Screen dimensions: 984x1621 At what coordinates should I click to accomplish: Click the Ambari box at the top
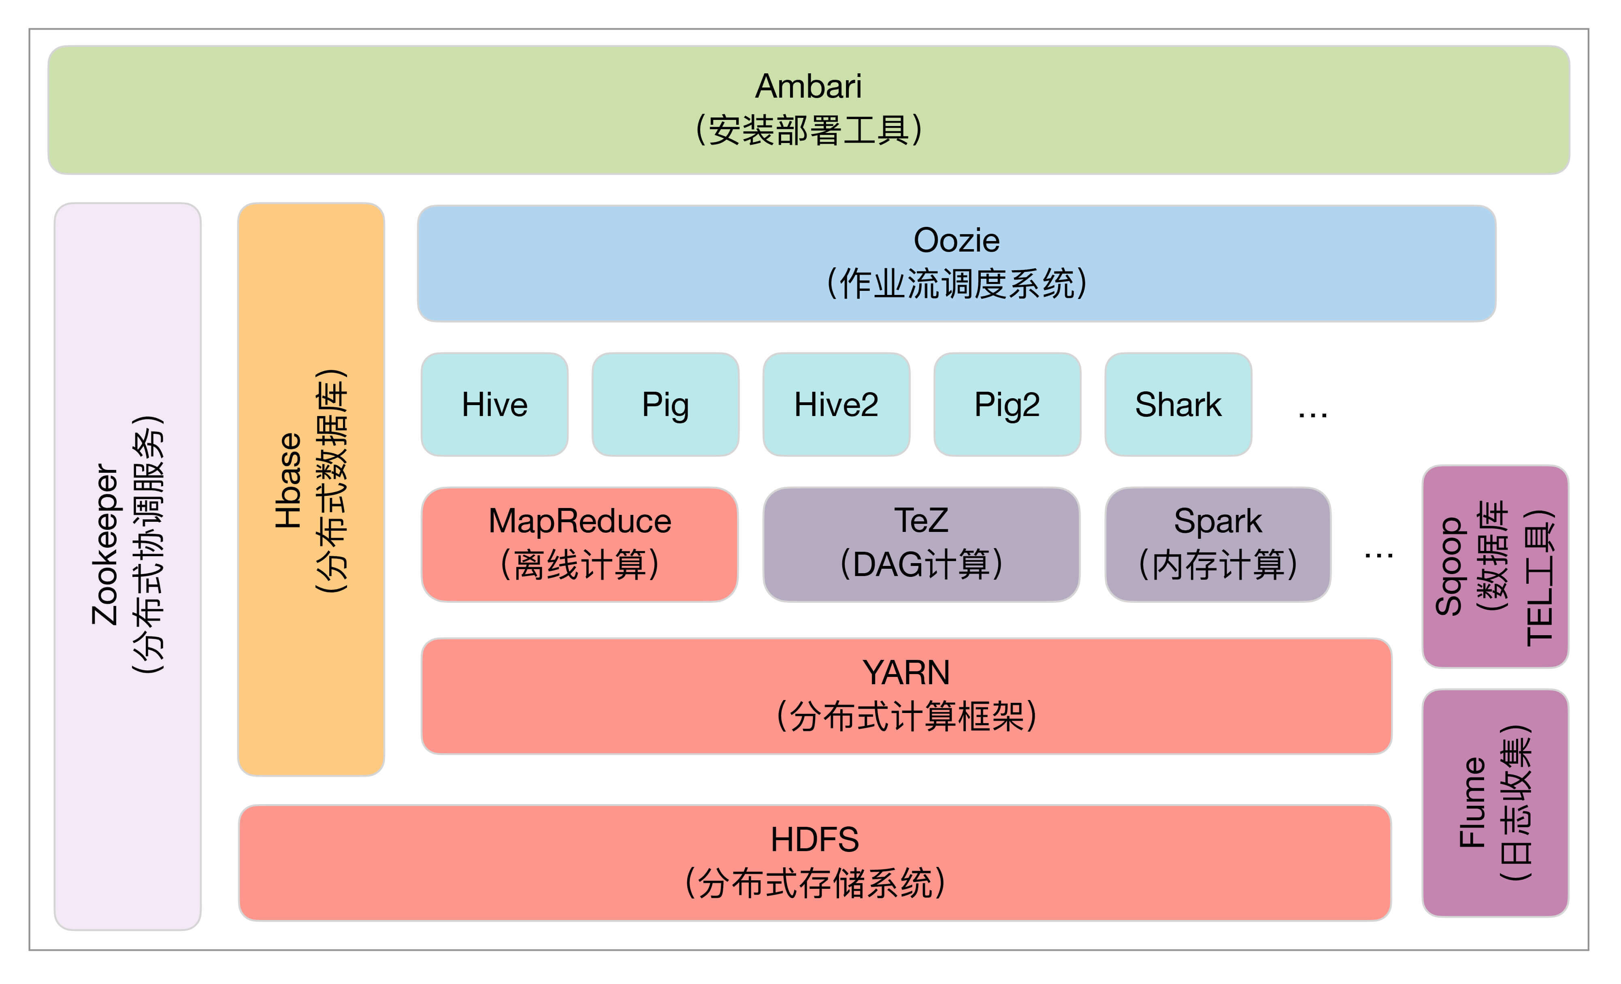coord(809,109)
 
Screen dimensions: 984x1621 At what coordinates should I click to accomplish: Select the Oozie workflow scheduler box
coord(956,263)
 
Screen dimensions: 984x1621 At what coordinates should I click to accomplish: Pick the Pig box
coord(665,404)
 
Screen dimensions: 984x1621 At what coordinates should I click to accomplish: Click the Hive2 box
coord(836,404)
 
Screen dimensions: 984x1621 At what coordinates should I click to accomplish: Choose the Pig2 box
coord(1007,404)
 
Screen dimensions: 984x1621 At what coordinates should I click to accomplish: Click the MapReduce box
coord(579,544)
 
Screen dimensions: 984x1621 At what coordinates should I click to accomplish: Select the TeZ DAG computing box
coord(921,544)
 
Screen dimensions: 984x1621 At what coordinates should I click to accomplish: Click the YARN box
coord(906,696)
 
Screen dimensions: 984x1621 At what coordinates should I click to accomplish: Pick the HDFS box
coord(814,862)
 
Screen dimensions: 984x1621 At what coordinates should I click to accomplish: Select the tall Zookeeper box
coord(128,566)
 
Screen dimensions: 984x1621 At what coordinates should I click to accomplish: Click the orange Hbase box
coord(311,489)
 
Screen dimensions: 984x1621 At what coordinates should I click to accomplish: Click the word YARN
coord(906,672)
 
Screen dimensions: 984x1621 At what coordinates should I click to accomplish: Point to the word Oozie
coord(956,240)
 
